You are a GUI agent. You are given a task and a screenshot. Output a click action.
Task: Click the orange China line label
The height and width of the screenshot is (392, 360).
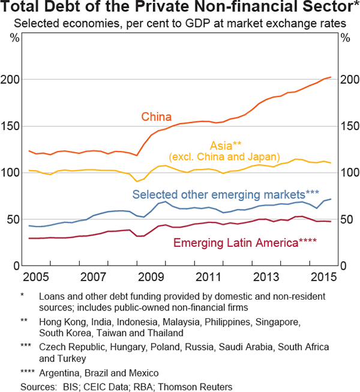[157, 117]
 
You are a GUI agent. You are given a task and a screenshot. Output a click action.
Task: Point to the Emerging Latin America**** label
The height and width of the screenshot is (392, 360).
[245, 243]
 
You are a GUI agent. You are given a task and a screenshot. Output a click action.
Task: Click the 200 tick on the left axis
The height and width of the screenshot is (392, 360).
[14, 80]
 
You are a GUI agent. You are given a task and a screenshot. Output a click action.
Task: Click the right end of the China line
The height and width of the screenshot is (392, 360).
[331, 77]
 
